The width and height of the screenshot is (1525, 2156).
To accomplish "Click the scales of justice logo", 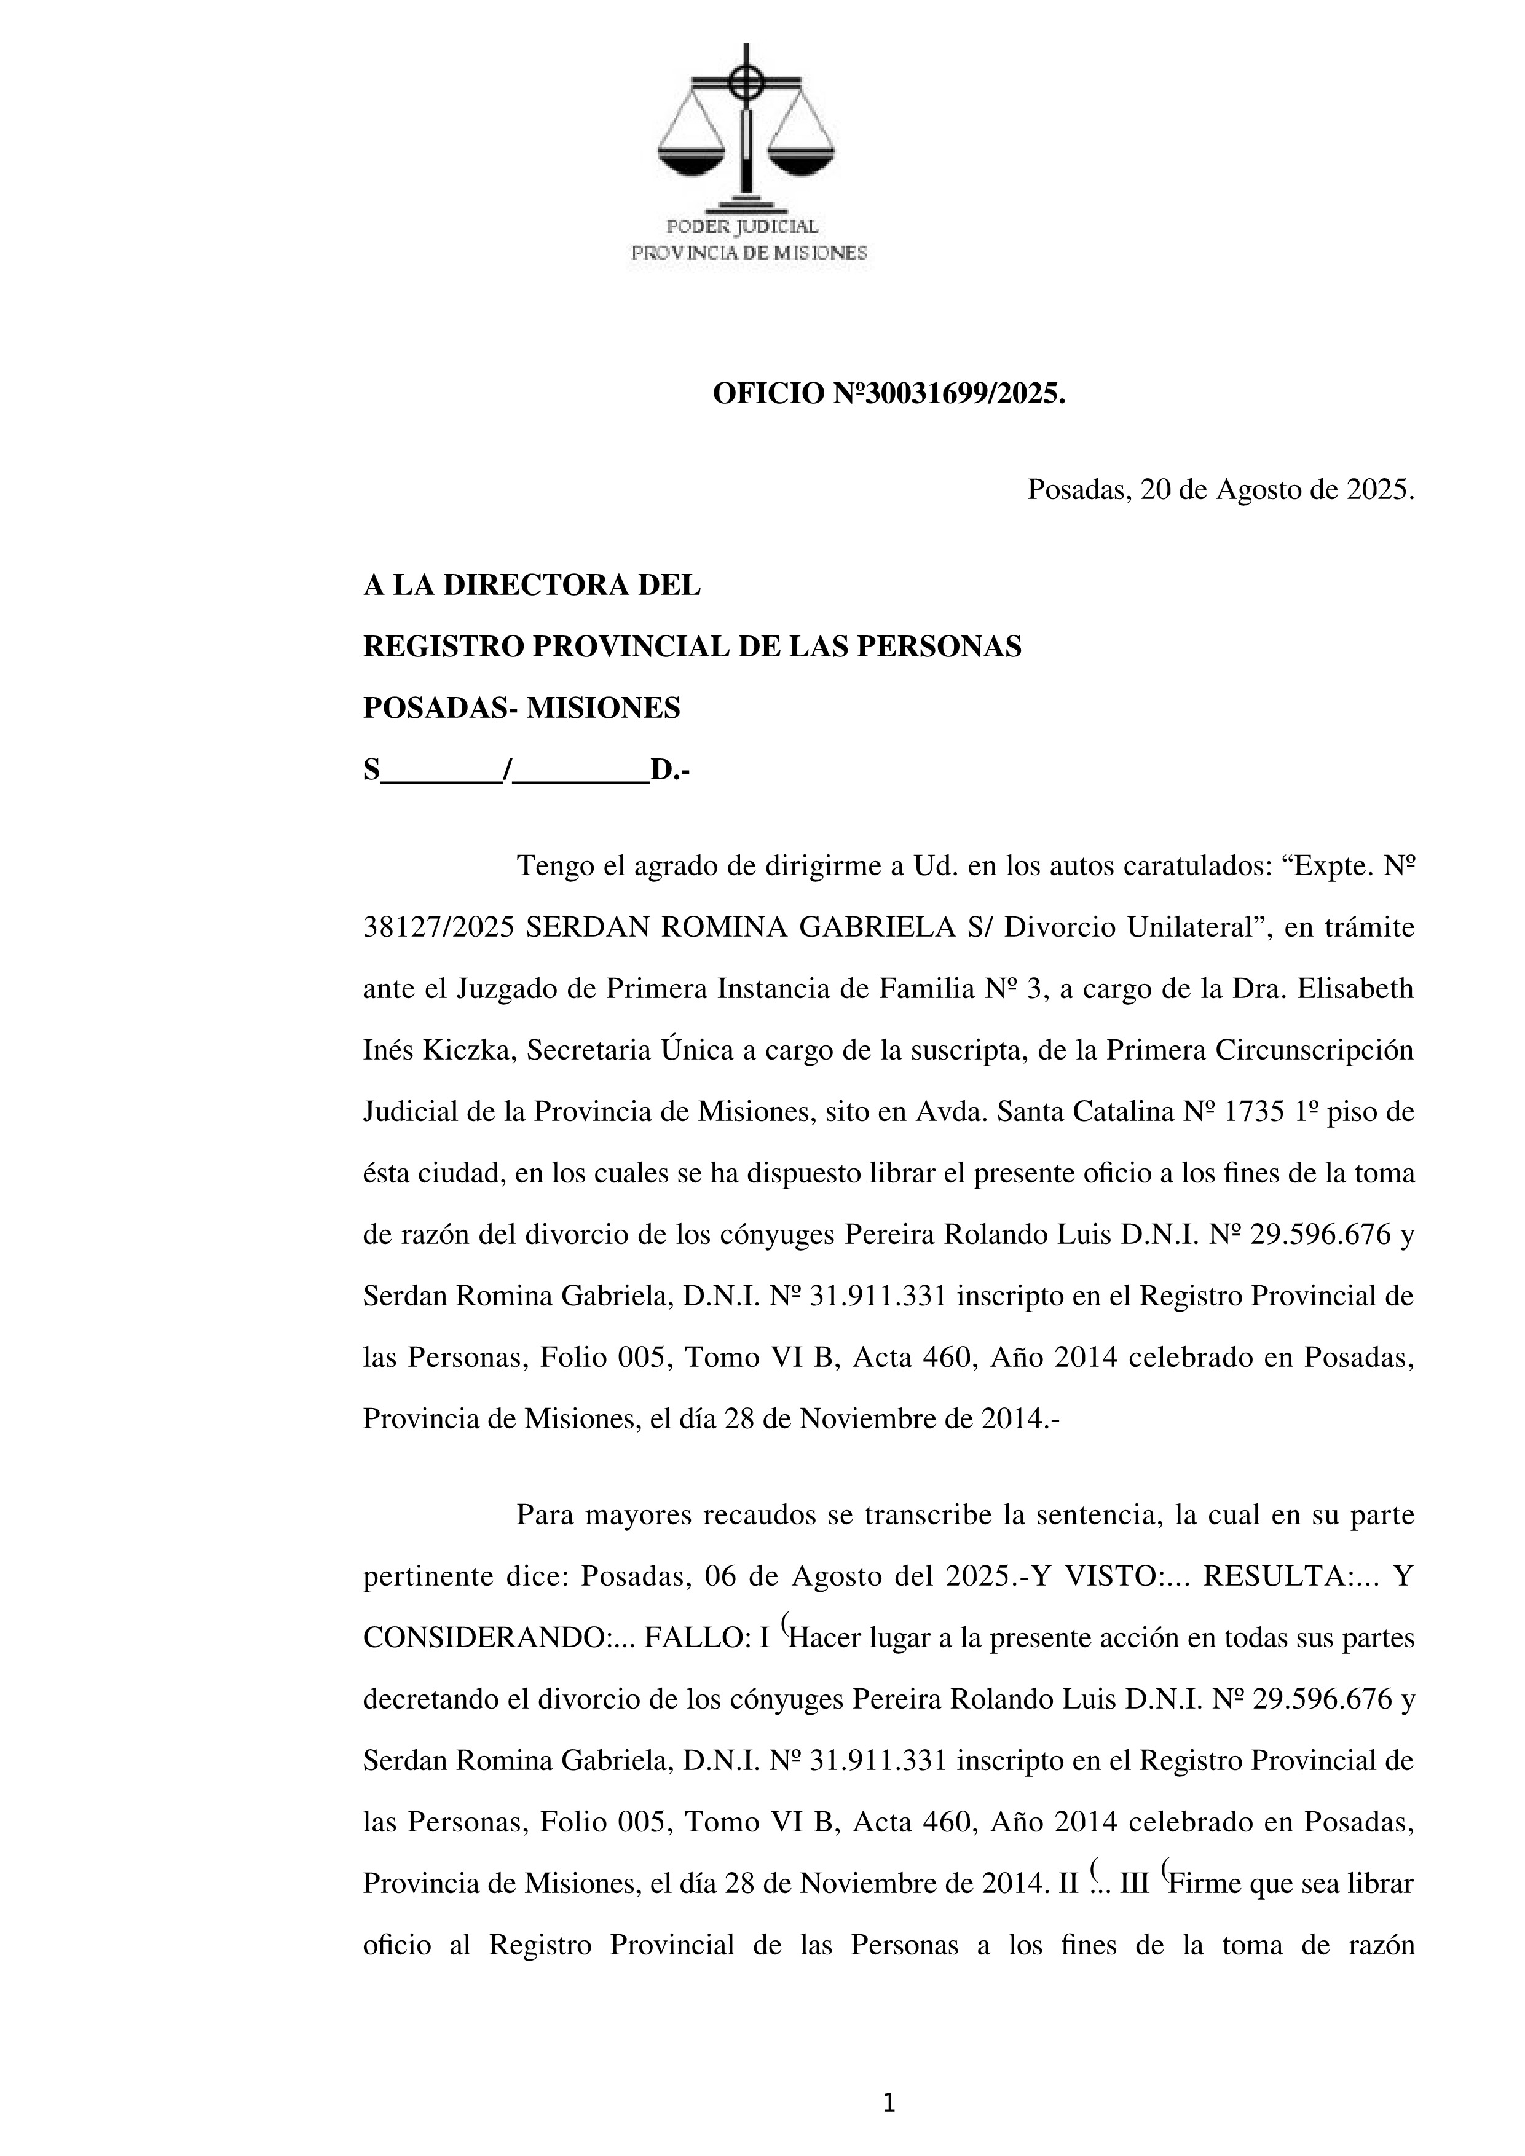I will coord(747,127).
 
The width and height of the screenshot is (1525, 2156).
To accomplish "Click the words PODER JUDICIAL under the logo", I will coord(742,227).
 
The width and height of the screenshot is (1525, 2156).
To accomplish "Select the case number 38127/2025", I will coord(438,928).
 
